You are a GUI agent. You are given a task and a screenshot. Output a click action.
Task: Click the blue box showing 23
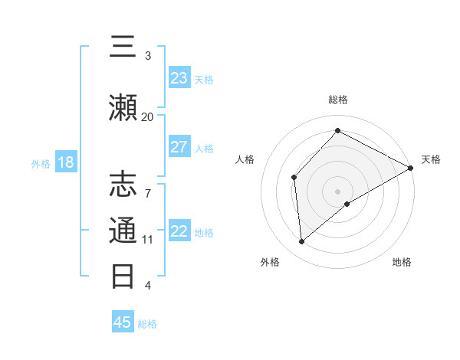point(179,78)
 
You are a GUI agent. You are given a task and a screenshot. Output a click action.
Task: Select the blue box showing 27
point(179,147)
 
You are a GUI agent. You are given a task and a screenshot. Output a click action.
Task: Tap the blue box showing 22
point(179,231)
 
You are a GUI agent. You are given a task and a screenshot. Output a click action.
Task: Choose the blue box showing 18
point(65,162)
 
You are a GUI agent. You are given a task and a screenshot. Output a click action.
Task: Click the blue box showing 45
point(123,322)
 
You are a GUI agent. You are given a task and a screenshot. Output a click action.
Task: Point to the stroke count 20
point(147,116)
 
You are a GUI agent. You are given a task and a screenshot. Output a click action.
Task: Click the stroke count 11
point(147,239)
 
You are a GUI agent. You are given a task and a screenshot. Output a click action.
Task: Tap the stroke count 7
point(147,185)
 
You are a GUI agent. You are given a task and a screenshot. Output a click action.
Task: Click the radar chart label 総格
point(337,100)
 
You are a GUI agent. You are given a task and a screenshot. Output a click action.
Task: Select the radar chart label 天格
point(431,159)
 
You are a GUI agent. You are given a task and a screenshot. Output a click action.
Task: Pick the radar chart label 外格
point(270,262)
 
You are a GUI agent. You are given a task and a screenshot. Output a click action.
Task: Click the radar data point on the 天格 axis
point(411,168)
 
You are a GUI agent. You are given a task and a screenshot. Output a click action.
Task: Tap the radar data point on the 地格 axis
point(347,204)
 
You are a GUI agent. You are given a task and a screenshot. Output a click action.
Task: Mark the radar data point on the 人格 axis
point(294,178)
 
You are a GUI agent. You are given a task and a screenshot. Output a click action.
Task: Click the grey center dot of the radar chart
point(337,191)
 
